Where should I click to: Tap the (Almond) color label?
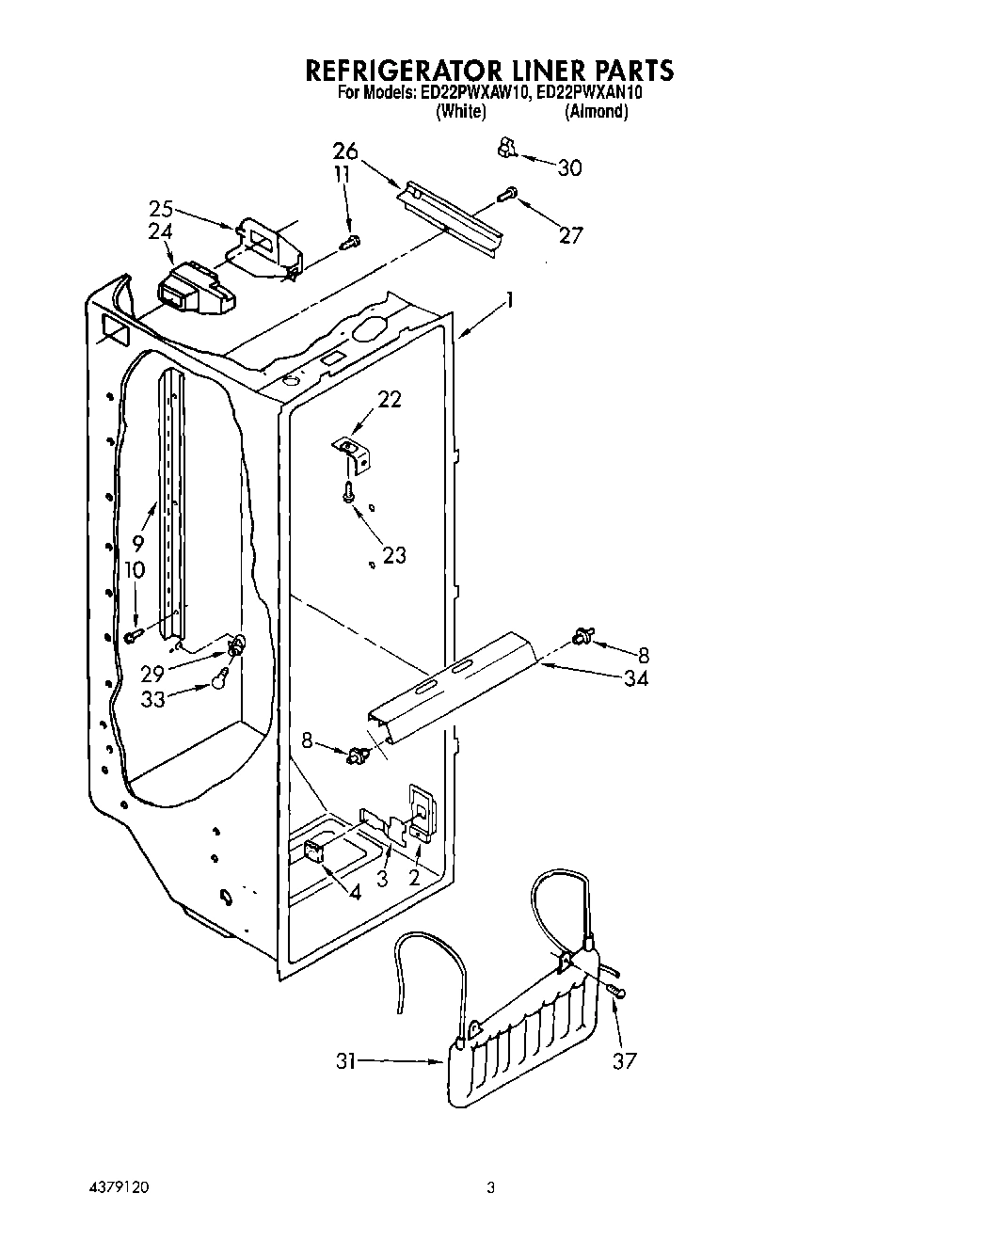[x=596, y=112]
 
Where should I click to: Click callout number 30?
[x=569, y=168]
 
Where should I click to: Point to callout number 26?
[x=345, y=151]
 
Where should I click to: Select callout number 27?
[x=570, y=235]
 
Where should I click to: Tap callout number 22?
[x=390, y=399]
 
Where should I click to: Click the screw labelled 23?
[x=349, y=491]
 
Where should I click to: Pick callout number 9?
[x=138, y=543]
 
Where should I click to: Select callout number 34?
[x=636, y=677]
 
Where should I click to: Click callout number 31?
[x=346, y=1061]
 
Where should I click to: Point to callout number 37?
[x=624, y=1060]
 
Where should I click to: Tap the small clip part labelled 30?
[x=506, y=146]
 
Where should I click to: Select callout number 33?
[x=153, y=698]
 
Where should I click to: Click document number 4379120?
[x=116, y=1188]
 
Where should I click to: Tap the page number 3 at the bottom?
[x=490, y=1188]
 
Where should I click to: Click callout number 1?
[x=509, y=300]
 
